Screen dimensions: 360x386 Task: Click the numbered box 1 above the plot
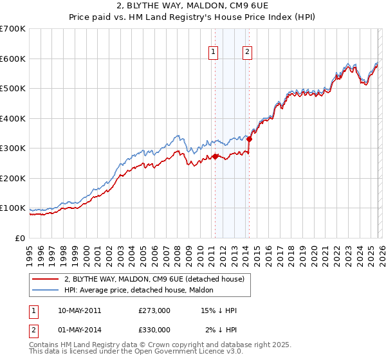[214, 53]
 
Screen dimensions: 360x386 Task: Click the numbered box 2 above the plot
[248, 53]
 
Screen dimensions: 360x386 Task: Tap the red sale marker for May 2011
[215, 156]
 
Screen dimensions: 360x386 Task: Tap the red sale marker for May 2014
[249, 139]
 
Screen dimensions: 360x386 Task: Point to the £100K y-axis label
[13, 208]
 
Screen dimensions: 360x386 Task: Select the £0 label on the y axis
[19, 238]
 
